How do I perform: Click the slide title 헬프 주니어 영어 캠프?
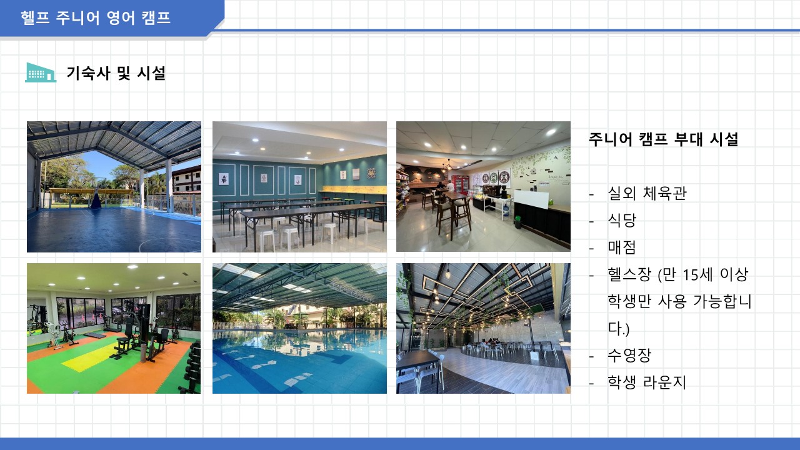tap(96, 18)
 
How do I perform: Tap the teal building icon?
tap(41, 72)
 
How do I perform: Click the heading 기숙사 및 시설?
tap(116, 73)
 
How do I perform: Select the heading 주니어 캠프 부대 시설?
tap(663, 139)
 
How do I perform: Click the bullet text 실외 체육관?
tap(647, 193)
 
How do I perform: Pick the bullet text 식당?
tap(622, 220)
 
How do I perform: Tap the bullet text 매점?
tap(622, 247)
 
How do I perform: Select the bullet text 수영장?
tap(629, 356)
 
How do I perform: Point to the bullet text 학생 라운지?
tap(647, 382)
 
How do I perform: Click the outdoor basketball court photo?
tap(114, 187)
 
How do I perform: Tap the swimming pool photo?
tap(299, 329)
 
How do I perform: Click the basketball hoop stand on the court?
tap(96, 197)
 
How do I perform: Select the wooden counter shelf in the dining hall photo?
tap(354, 189)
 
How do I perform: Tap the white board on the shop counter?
tap(531, 199)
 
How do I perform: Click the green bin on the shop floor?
tap(518, 222)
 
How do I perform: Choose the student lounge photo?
tap(483, 329)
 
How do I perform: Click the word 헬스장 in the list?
tap(629, 274)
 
